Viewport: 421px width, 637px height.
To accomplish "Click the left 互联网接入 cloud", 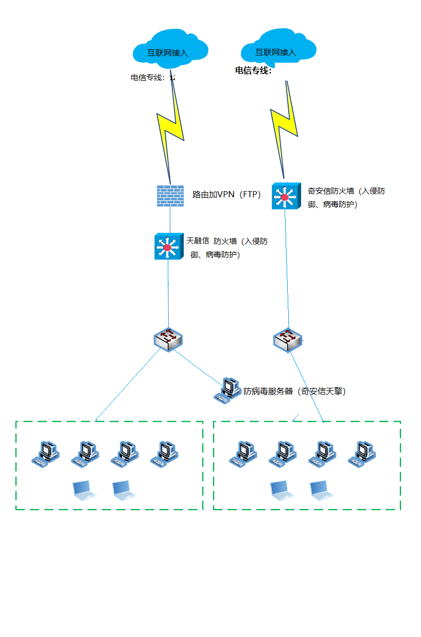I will click(170, 50).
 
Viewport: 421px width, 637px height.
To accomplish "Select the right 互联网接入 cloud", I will click(278, 50).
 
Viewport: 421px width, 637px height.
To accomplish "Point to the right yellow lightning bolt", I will click(285, 123).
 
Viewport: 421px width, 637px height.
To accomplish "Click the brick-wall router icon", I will click(170, 196).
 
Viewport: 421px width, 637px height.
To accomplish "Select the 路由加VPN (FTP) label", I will click(226, 195).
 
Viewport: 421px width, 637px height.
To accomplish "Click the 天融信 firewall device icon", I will click(168, 246).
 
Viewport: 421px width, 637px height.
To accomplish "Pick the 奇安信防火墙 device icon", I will click(286, 196).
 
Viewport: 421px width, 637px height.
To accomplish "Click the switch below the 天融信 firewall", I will click(168, 339).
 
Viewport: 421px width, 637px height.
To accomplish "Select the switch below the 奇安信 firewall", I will click(287, 340).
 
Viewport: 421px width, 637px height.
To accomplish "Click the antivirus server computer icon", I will click(227, 390).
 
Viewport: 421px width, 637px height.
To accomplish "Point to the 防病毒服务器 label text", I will click(294, 391).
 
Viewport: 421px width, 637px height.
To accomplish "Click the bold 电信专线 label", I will click(253, 71).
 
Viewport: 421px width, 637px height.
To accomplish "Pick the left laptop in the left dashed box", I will click(84, 491).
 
